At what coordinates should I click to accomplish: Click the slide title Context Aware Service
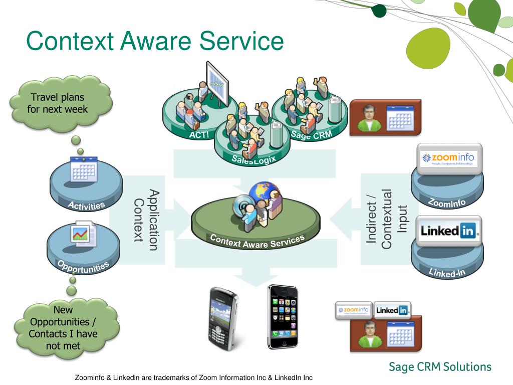155,41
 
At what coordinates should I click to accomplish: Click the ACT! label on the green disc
198,135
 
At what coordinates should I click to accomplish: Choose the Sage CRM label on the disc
312,134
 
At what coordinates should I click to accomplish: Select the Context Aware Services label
257,241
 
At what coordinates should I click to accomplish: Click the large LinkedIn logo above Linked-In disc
449,231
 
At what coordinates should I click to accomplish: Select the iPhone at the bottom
283,316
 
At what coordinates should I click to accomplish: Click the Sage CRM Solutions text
440,366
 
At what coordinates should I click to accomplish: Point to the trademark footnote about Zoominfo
193,377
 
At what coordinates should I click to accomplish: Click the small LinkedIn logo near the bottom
392,310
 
